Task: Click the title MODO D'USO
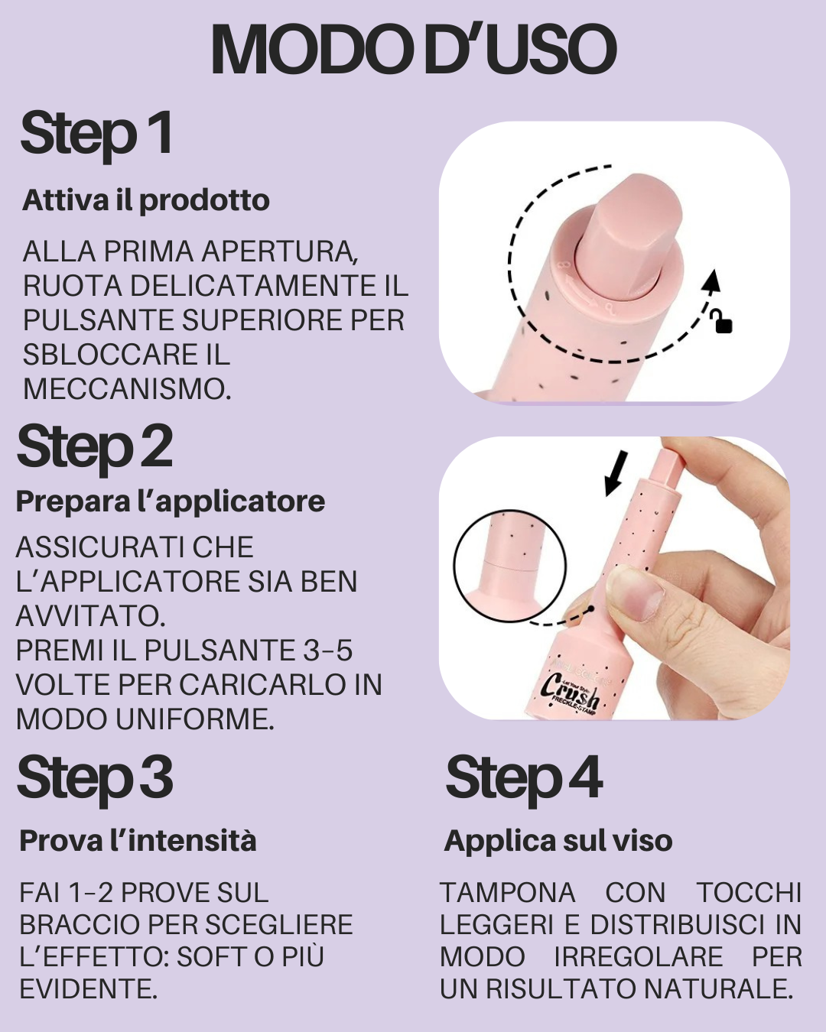(413, 50)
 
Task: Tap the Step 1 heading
(96, 134)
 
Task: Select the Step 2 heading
(95, 447)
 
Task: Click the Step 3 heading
(95, 778)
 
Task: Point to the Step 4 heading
(524, 778)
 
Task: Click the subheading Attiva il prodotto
(146, 200)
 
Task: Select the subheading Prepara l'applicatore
(170, 501)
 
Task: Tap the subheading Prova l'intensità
(138, 841)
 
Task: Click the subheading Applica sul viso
(558, 841)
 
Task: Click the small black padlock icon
(722, 322)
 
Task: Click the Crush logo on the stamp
(570, 688)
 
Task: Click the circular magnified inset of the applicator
(509, 566)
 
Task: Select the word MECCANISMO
(126, 389)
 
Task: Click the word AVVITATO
(90, 616)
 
